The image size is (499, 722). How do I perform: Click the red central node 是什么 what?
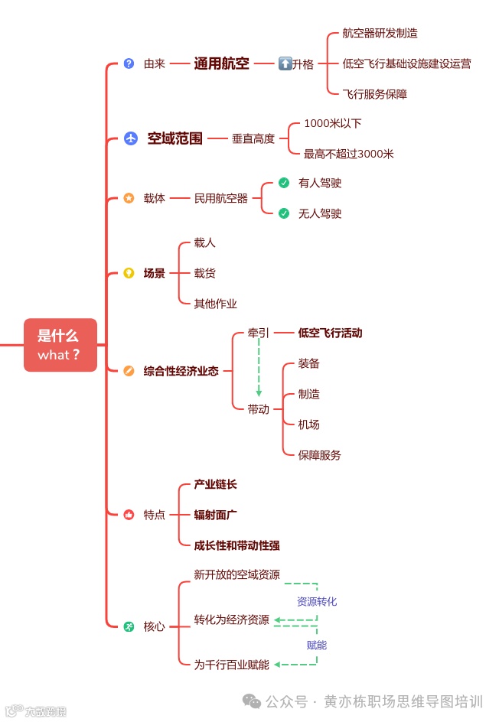60,345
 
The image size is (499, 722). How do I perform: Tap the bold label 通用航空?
221,63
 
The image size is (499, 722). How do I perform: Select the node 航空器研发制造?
380,34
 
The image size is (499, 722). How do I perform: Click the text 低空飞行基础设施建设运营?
406,63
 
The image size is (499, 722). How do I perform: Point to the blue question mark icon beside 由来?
129,63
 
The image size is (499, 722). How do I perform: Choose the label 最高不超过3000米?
348,154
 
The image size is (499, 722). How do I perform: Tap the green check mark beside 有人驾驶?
284,183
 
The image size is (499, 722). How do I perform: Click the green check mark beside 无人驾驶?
284,213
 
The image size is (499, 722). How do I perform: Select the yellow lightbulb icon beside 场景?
129,273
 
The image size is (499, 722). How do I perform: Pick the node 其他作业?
215,303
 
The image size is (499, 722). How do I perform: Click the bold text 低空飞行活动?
330,333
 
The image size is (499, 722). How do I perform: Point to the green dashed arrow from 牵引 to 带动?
259,367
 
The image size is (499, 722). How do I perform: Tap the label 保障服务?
319,454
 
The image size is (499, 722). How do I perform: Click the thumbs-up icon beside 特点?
129,515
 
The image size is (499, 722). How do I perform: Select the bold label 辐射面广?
215,515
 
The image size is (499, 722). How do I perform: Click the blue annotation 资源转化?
317,602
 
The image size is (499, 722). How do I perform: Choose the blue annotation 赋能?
317,645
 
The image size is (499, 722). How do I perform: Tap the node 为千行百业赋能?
231,665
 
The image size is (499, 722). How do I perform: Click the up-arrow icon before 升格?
285,63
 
